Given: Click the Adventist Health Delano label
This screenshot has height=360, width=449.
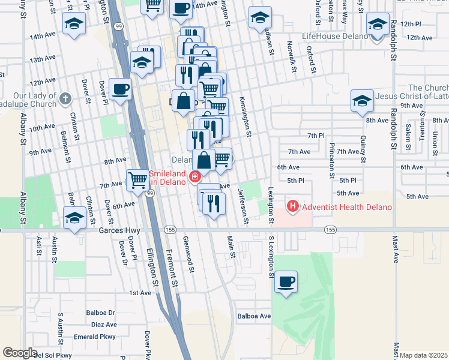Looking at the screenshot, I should click(x=346, y=208).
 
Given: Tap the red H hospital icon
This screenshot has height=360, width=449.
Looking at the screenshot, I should click(x=293, y=208).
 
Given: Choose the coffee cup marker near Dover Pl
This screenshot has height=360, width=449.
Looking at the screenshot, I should click(x=121, y=89).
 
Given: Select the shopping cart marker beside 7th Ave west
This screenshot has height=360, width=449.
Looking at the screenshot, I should click(x=138, y=179).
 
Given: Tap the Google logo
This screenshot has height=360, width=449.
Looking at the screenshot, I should click(x=20, y=353).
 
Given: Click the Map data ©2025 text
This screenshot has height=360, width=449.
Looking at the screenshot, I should click(x=424, y=355).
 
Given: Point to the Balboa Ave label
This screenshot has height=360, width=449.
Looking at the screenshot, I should click(x=254, y=316).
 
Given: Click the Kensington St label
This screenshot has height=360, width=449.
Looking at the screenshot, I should click(x=244, y=116).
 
